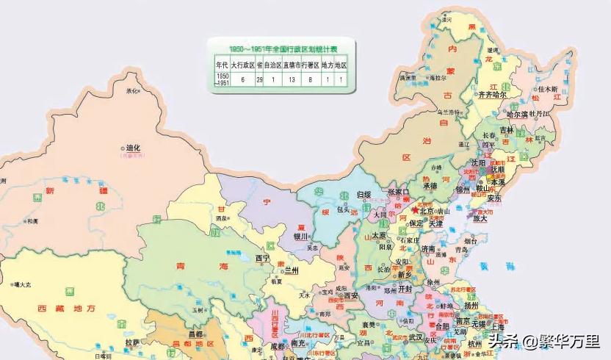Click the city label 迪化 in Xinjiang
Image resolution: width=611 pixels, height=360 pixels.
[x=133, y=147]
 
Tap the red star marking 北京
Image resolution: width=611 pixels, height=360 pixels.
[x=415, y=210]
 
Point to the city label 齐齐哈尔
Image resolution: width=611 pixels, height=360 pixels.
[x=493, y=95]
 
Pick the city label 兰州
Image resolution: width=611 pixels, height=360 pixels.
[x=292, y=270]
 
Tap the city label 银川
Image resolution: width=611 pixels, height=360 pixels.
[x=301, y=237]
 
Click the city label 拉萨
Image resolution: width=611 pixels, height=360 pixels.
[x=132, y=342]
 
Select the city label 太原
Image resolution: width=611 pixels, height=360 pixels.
[x=378, y=235]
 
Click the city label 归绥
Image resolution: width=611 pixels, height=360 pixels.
[x=365, y=194]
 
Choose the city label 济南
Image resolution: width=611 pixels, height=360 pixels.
[x=430, y=250]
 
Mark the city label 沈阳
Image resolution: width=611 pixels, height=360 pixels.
[x=479, y=162]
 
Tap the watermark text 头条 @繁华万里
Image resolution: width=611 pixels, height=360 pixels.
[x=544, y=342]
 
